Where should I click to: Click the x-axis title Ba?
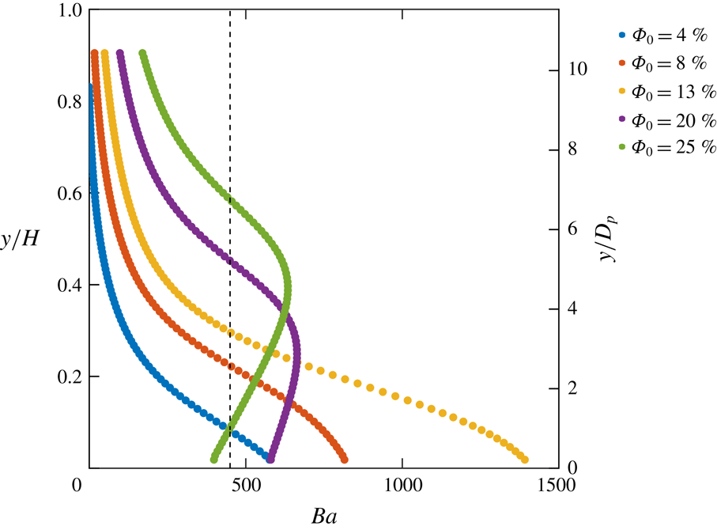coord(323,518)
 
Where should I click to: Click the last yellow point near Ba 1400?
coord(524,460)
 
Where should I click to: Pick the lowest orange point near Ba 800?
coord(344,460)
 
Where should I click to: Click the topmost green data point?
coord(142,54)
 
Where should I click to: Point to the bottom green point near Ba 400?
coord(214,460)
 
